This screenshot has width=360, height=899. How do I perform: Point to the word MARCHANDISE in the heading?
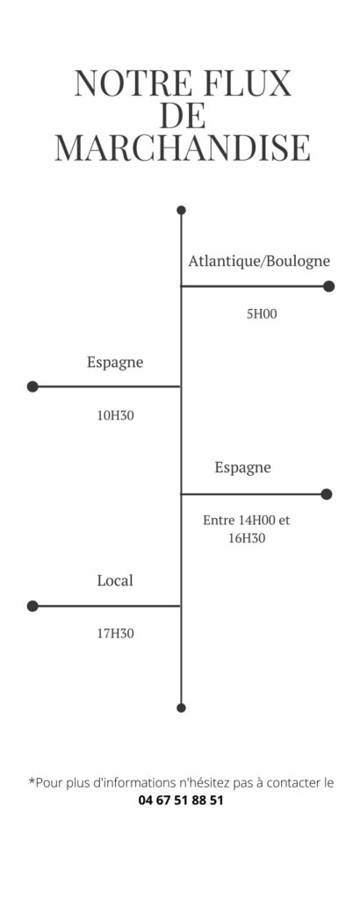coord(183,147)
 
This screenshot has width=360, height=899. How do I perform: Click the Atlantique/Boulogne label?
coord(259,262)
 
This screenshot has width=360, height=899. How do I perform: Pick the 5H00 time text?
coord(262,314)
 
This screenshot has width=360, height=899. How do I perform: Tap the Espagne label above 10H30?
coord(115,363)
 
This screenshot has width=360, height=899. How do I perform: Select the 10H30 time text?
coord(115,415)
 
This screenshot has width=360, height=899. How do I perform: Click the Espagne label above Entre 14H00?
coord(242,468)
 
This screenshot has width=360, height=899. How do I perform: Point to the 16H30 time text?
coord(247,538)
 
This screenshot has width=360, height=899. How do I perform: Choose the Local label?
coord(115,580)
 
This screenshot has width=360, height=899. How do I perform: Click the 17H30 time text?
coord(115,634)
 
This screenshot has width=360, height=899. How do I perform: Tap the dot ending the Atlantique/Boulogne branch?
coord(328,286)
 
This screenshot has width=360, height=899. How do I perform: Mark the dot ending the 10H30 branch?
coord(32,386)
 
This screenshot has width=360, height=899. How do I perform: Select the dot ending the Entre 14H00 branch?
coord(326,494)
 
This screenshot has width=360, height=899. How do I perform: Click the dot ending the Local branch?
coord(32,606)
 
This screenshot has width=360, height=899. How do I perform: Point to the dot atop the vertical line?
coord(181,211)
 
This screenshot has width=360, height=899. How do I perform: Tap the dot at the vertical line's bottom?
coord(181,708)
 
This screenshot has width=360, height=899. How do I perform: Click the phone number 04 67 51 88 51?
coord(181,801)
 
